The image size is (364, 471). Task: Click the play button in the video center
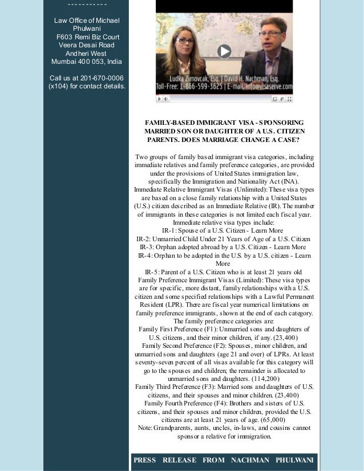[x=224, y=51]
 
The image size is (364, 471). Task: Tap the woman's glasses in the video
[x=185, y=41]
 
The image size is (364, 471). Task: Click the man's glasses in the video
[x=269, y=34]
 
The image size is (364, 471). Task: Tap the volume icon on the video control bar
[x=166, y=99]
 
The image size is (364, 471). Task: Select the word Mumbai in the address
[x=63, y=62]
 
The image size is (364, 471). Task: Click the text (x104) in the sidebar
[x=59, y=86]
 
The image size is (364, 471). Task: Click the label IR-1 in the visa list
[x=169, y=230]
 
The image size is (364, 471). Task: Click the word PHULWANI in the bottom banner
[x=294, y=460]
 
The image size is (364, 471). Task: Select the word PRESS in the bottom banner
[x=144, y=460]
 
